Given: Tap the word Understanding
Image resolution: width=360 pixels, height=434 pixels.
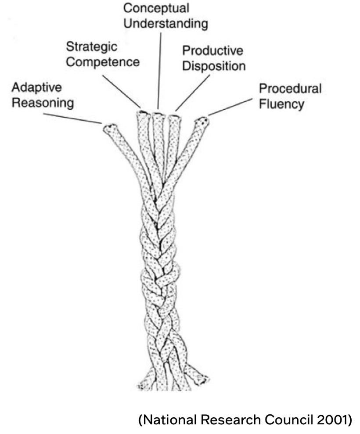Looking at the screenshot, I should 166,24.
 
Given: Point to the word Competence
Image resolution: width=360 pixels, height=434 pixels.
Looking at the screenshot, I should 103,61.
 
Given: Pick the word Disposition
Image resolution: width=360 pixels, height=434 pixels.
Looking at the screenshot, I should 213,66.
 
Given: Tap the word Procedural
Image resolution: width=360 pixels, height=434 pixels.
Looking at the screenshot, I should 290,89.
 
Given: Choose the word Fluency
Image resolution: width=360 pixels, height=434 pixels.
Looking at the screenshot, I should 281,105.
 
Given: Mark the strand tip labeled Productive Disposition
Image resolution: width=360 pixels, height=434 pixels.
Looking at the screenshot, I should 173,118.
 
